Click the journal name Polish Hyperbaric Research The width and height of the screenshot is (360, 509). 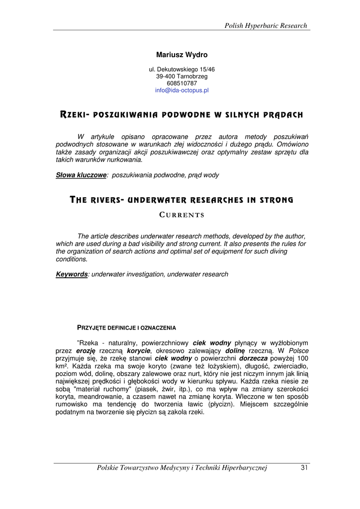pyautogui.click(x=266, y=25)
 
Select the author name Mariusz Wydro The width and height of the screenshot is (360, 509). pyautogui.click(x=182, y=55)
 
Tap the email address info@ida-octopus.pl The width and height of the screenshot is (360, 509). pyautogui.click(x=182, y=90)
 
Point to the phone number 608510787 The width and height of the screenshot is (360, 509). pyautogui.click(x=182, y=84)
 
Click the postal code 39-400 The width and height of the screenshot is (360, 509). pyautogui.click(x=165, y=77)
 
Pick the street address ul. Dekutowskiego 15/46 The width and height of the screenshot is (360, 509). pyautogui.click(x=182, y=70)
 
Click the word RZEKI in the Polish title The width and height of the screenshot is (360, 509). pyautogui.click(x=73, y=115)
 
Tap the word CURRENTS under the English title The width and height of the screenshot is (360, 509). pyautogui.click(x=182, y=215)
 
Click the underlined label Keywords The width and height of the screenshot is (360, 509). pyautogui.click(x=72, y=274)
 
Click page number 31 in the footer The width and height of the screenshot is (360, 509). pyautogui.click(x=305, y=467)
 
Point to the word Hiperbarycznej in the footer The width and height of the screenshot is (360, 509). pyautogui.click(x=243, y=467)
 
